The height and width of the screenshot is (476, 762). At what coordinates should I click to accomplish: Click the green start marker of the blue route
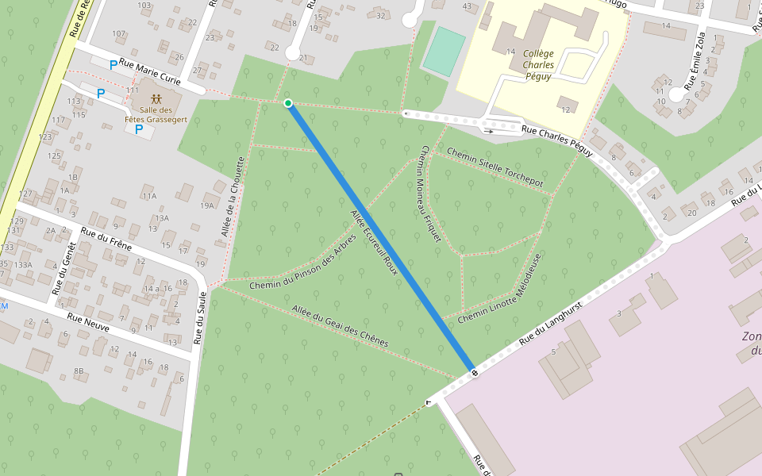[x=288, y=103]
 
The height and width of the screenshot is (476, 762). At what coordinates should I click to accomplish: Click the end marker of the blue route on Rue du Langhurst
[x=474, y=372]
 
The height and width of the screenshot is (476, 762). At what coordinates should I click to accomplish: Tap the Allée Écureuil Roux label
[x=374, y=239]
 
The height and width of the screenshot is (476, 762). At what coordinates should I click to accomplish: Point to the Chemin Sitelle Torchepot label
[x=495, y=167]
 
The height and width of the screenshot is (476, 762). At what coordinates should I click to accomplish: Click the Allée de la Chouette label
[x=233, y=196]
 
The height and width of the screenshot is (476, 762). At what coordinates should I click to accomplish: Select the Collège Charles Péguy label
[x=538, y=65]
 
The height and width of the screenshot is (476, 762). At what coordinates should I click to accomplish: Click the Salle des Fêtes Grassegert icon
[x=156, y=99]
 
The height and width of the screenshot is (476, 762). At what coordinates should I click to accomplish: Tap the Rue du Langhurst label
[x=551, y=322]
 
